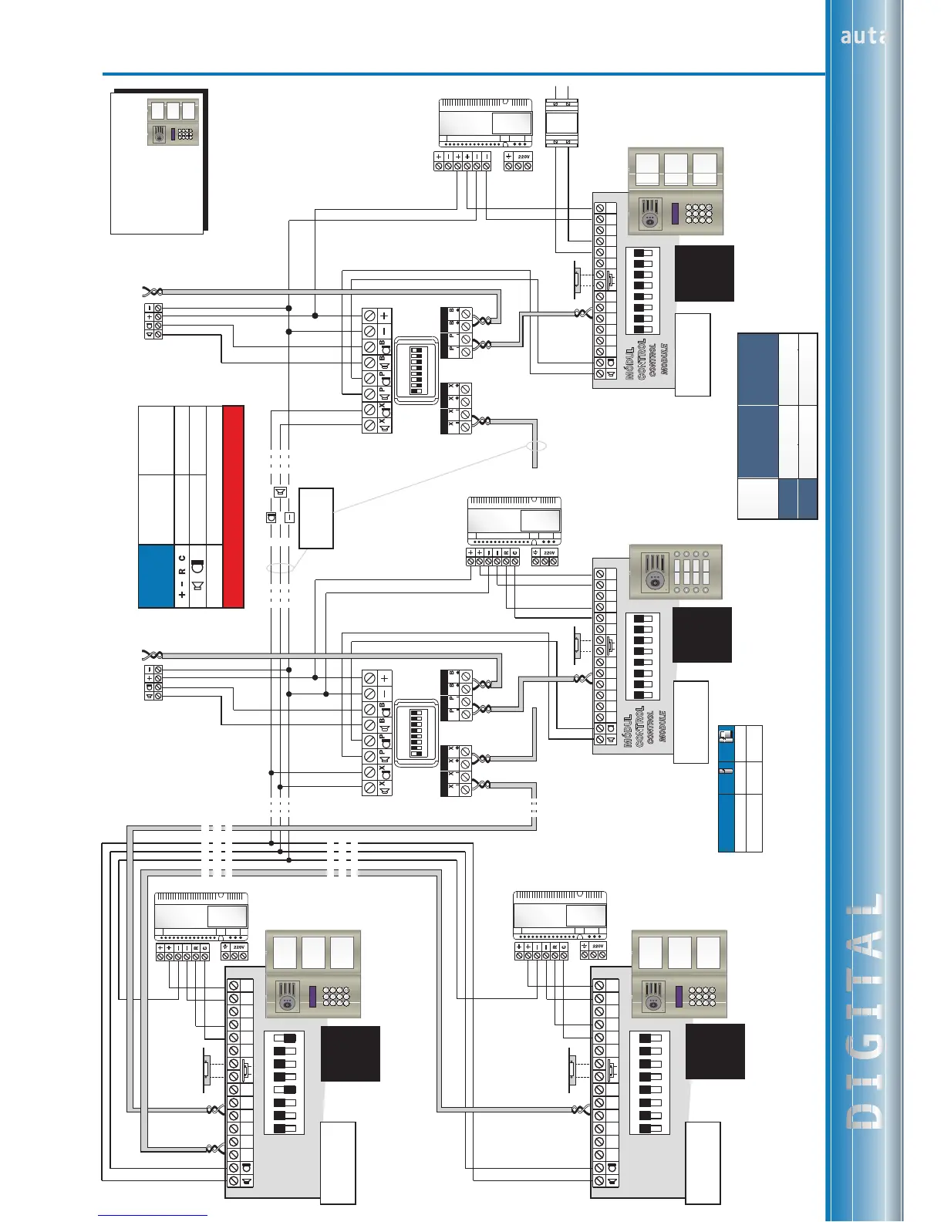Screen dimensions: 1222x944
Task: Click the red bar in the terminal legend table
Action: [x=233, y=506]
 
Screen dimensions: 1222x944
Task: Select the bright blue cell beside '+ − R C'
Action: [x=157, y=576]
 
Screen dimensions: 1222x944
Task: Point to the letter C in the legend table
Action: [x=182, y=557]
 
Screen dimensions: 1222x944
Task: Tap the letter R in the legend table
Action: [x=182, y=572]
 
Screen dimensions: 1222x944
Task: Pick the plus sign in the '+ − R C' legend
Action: [x=182, y=596]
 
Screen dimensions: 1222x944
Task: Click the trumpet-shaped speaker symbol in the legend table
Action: [x=198, y=586]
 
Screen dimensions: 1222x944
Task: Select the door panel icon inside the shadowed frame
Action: [x=173, y=123]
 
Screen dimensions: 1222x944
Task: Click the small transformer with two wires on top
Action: [x=557, y=123]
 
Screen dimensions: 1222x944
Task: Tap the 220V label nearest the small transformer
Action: [x=524, y=157]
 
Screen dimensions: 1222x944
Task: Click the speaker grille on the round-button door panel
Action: [x=655, y=572]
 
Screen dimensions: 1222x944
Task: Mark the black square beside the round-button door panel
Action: [x=702, y=634]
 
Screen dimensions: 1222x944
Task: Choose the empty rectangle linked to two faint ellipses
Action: [x=316, y=518]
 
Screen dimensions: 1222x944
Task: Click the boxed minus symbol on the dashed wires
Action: [x=289, y=518]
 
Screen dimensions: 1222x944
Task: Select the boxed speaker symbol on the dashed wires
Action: [x=279, y=492]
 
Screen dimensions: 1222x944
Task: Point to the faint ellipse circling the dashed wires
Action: [x=281, y=569]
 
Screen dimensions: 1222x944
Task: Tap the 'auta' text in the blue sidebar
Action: [x=859, y=35]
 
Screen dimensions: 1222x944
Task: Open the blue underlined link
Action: [x=153, y=1214]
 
